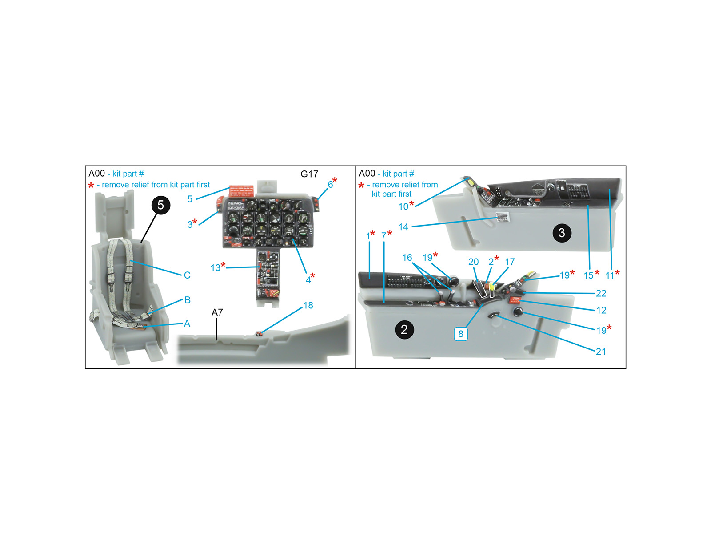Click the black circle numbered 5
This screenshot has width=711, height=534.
161,205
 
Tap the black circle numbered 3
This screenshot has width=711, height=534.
561,232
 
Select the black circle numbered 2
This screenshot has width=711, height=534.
404,329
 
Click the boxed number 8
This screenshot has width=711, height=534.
461,334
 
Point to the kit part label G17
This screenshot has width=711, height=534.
309,174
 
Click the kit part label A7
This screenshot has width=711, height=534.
217,312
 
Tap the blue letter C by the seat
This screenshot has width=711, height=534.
187,275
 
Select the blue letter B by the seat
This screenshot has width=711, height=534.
187,299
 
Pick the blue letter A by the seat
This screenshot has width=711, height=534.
187,323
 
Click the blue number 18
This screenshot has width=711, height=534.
308,305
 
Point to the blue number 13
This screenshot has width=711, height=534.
215,268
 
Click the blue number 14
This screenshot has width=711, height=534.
403,227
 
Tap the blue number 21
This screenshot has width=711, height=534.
601,352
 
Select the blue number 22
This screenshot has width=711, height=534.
601,293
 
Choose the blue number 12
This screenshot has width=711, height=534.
601,310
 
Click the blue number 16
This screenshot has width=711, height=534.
407,258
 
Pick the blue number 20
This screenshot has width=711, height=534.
473,262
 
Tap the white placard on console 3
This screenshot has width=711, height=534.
503,217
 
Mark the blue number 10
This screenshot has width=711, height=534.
403,206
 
